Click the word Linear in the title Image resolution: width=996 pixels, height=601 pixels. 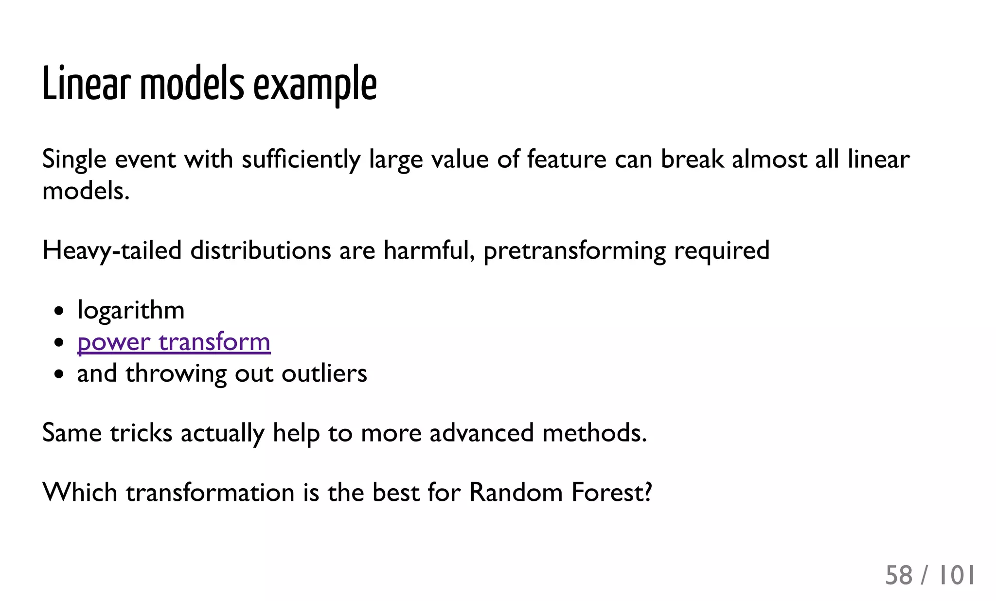[86, 84]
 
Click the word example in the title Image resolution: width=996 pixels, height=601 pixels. [315, 85]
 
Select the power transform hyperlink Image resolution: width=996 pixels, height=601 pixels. [174, 342]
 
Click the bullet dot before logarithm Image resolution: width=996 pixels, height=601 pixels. [59, 311]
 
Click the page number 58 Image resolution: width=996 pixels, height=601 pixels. [899, 575]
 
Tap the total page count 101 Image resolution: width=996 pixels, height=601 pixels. [956, 575]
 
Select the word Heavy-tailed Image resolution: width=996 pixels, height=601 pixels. [112, 251]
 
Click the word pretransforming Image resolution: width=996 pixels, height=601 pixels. [574, 251]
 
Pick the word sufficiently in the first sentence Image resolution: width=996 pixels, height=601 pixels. [301, 159]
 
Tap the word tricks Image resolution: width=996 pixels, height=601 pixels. [141, 433]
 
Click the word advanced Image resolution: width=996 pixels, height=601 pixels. [481, 433]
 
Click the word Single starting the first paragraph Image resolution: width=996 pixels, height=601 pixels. [74, 159]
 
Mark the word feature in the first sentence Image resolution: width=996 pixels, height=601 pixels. [567, 159]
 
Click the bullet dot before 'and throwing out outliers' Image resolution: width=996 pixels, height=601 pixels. [59, 374]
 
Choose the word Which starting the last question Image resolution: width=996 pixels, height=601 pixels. [80, 492]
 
